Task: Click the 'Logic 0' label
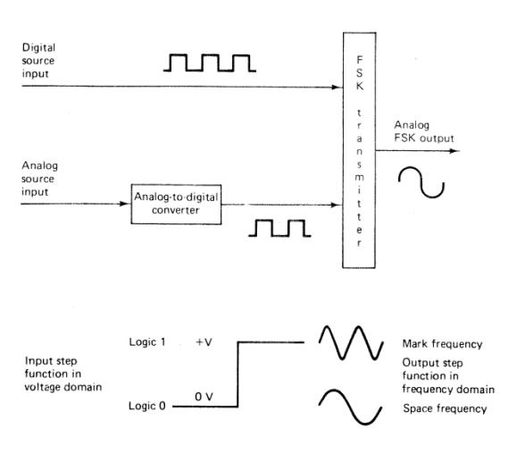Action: pyautogui.click(x=143, y=406)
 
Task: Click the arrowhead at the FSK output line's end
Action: pyautogui.click(x=458, y=149)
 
